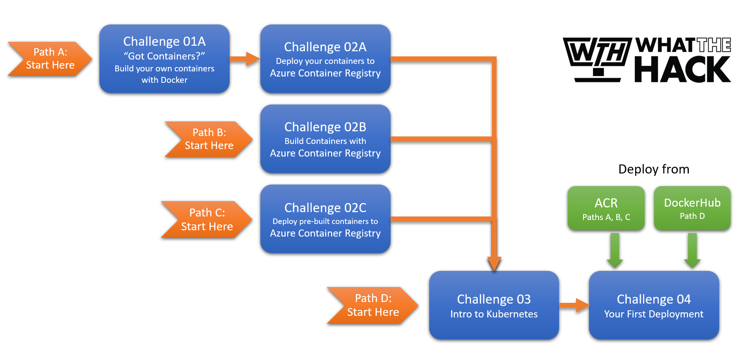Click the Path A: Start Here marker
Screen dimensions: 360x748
coord(50,59)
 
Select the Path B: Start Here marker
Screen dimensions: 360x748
coord(209,139)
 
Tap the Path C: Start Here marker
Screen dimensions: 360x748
coord(207,220)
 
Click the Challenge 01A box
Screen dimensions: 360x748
coord(164,59)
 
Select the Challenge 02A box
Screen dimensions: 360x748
coord(325,59)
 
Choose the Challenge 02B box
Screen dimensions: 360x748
coord(325,139)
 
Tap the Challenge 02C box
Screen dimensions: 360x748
coord(325,219)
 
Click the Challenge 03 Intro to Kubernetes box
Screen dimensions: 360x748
coord(494,305)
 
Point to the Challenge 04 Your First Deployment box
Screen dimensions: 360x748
coord(653,305)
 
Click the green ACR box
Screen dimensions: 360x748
coord(606,208)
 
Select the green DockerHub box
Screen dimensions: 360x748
coord(692,208)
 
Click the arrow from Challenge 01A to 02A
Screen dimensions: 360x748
coord(245,59)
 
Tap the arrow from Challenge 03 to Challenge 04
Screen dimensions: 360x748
coord(574,305)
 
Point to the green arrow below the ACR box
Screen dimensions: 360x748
coord(615,250)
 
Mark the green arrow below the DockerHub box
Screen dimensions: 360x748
coord(692,250)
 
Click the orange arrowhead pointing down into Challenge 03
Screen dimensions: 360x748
coord(494,263)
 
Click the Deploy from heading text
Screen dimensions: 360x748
coord(653,169)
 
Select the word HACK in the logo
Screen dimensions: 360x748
coord(683,70)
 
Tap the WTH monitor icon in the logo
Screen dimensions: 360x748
coord(598,58)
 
